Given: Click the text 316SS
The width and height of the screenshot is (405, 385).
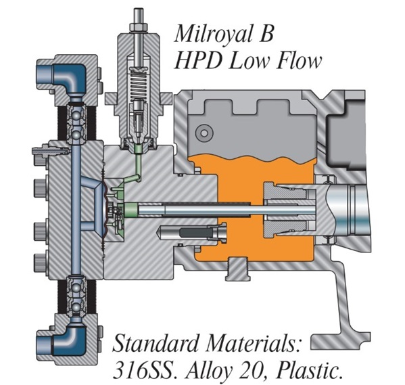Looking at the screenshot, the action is pyautogui.click(x=144, y=371).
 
